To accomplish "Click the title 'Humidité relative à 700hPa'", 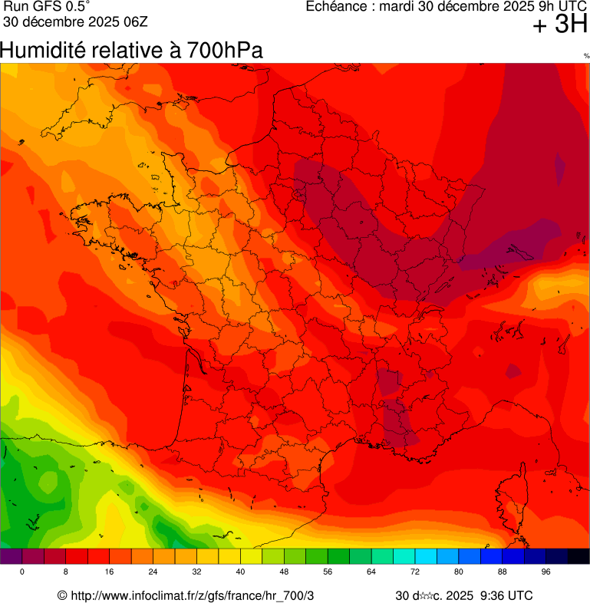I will pyautogui.click(x=131, y=51).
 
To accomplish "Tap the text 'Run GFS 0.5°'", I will pyautogui.click(x=47, y=7).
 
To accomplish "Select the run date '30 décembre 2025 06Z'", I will pyautogui.click(x=75, y=21).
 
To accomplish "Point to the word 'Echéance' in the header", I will pyautogui.click(x=335, y=7).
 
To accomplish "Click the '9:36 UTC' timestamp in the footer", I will pyautogui.click(x=506, y=595).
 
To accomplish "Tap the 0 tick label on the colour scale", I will pyautogui.click(x=22, y=572).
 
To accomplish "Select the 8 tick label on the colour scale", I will pyautogui.click(x=66, y=572).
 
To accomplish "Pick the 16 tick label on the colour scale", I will pyautogui.click(x=109, y=572).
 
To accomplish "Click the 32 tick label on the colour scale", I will pyautogui.click(x=196, y=572).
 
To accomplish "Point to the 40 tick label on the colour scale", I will pyautogui.click(x=240, y=572).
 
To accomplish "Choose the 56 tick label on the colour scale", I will pyautogui.click(x=328, y=572).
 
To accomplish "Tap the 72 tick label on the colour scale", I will pyautogui.click(x=414, y=572).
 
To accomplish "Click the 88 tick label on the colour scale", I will pyautogui.click(x=502, y=572).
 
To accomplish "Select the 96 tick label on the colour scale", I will pyautogui.click(x=546, y=572).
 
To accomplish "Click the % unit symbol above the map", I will pyautogui.click(x=586, y=56).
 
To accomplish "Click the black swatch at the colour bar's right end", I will pyautogui.click(x=578, y=556).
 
